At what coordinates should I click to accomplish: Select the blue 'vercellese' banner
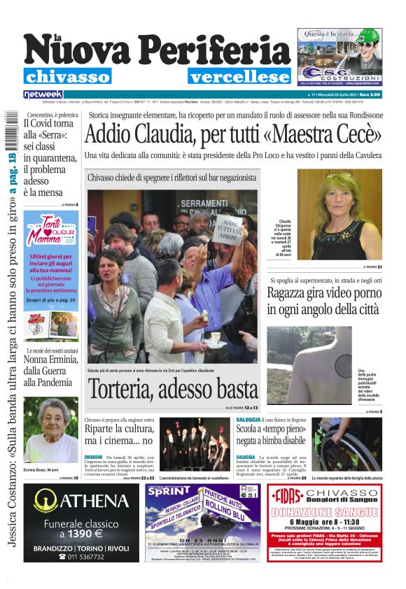pyautogui.click(x=239, y=77)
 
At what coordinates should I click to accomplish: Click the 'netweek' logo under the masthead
pyautogui.click(x=43, y=94)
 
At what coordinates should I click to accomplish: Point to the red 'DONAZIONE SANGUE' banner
pyautogui.click(x=339, y=513)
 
